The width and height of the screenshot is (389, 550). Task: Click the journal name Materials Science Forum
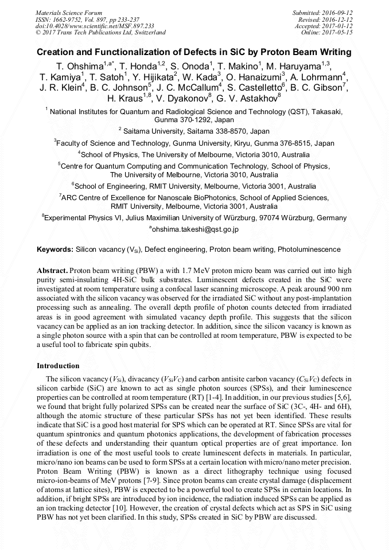click(x=69, y=12)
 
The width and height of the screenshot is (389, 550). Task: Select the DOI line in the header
click(x=94, y=26)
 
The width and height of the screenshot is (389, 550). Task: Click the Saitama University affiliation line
click(x=195, y=131)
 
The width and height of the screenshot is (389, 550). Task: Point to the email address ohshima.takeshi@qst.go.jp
click(x=194, y=229)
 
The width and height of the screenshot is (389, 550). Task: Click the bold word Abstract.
click(x=52, y=270)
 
